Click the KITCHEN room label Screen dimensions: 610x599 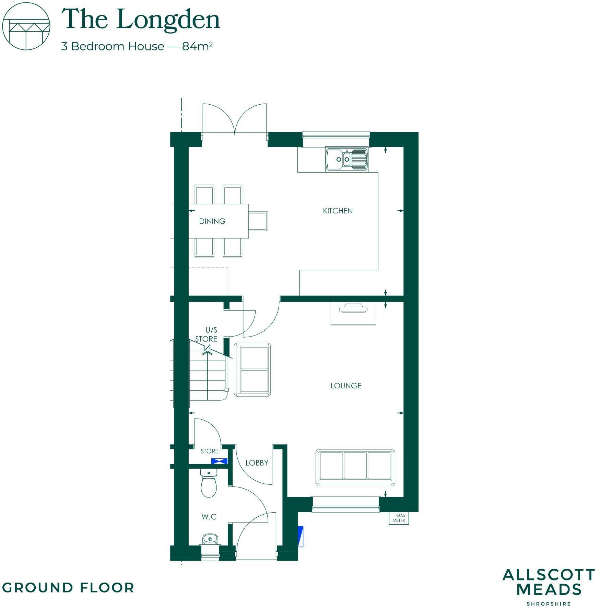[x=338, y=211]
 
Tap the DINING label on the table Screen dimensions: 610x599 [x=212, y=221]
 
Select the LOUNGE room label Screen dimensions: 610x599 [x=346, y=386]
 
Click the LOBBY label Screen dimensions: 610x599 [x=257, y=463]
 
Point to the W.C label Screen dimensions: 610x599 [x=209, y=517]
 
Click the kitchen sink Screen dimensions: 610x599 [x=347, y=159]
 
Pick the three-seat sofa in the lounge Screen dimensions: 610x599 [x=355, y=468]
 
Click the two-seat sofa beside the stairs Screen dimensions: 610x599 [x=252, y=369]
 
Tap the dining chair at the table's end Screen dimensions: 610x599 [x=258, y=221]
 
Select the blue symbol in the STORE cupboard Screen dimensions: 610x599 [x=219, y=461]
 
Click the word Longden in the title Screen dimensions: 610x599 [x=168, y=20]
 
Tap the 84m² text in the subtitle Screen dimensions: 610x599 [x=198, y=46]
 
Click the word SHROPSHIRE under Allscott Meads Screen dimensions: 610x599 [x=549, y=603]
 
